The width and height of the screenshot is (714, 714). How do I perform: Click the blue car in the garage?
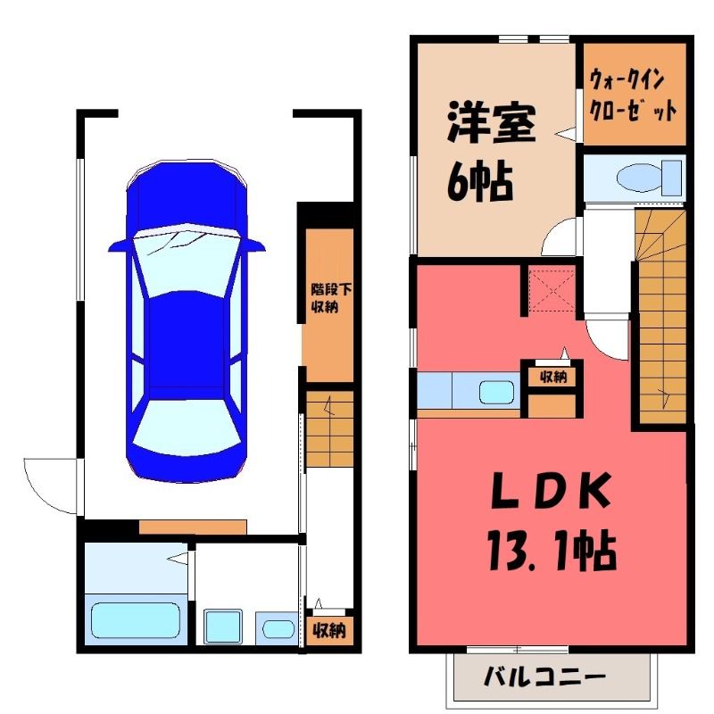187,321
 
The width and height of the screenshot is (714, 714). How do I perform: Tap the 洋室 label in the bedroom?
492,121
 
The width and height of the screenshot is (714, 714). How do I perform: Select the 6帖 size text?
480,181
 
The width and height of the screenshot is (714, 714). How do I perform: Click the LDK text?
551,490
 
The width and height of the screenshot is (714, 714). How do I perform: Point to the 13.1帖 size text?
552,552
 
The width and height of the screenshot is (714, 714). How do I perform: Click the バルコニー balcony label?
544,677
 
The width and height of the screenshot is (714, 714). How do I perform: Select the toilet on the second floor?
650,177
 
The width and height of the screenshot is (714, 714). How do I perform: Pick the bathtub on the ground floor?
136,620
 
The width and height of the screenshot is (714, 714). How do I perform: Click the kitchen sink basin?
496,392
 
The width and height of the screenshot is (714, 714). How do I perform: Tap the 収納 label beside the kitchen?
552,377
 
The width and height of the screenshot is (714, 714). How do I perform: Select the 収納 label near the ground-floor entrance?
328,631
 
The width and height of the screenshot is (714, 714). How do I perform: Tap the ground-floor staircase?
329,428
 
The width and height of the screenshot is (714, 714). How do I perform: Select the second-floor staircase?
661,316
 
